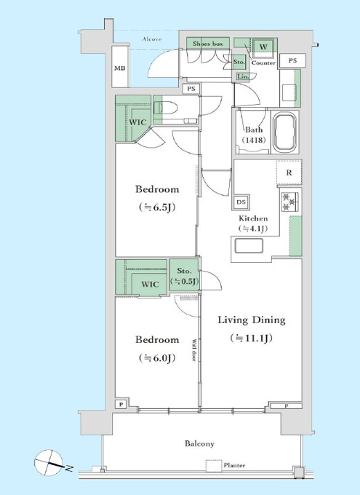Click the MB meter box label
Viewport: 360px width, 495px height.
tap(119, 68)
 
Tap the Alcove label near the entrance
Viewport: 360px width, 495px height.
tap(152, 39)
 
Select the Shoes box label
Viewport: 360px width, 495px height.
tap(207, 44)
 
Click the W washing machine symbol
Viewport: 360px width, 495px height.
tap(263, 47)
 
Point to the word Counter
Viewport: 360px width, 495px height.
tap(263, 63)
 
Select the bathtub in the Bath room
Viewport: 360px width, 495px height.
tap(286, 132)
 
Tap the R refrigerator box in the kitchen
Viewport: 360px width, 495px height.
tap(289, 173)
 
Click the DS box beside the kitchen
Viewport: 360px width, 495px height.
tap(241, 202)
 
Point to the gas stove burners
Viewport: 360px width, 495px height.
tap(289, 202)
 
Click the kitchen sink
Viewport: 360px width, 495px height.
tap(249, 246)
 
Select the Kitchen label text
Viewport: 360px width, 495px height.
tap(253, 218)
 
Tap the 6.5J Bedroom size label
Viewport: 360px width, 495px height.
tap(157, 207)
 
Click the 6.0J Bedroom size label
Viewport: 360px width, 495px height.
tap(157, 358)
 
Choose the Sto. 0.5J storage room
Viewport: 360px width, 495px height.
tap(184, 276)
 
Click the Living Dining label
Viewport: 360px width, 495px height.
tap(252, 320)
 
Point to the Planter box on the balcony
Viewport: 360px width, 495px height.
tap(214, 466)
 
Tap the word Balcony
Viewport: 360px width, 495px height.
tap(199, 443)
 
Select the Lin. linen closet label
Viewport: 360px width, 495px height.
tap(243, 76)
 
